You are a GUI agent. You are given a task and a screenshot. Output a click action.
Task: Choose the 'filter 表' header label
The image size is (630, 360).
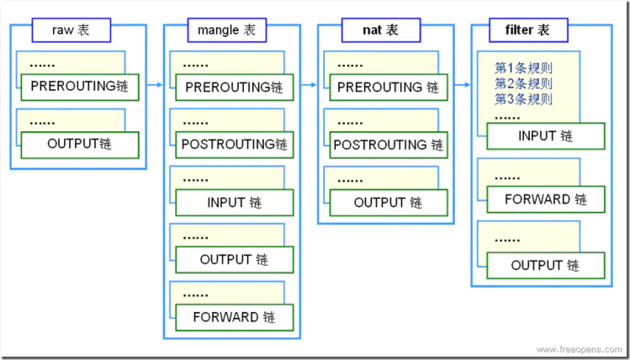pyautogui.click(x=532, y=30)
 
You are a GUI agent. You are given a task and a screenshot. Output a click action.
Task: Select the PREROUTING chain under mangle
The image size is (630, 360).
pyautogui.click(x=234, y=87)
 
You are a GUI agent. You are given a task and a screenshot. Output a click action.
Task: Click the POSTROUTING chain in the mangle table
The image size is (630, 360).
pyautogui.click(x=234, y=145)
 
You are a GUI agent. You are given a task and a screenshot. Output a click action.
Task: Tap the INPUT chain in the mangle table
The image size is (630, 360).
pyautogui.click(x=234, y=203)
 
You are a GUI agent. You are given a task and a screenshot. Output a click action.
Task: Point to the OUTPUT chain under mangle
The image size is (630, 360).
pyautogui.click(x=234, y=260)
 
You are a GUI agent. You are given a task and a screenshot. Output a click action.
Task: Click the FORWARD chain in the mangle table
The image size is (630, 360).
pyautogui.click(x=234, y=317)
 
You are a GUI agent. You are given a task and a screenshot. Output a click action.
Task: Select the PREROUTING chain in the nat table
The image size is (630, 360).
pyautogui.click(x=388, y=87)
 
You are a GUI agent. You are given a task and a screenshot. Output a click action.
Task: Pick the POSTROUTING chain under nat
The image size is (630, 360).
pyautogui.click(x=388, y=145)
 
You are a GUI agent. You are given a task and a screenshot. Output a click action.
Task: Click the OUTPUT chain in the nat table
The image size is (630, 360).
pyautogui.click(x=388, y=203)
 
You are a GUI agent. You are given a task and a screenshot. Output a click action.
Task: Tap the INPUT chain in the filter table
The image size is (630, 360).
pyautogui.click(x=545, y=135)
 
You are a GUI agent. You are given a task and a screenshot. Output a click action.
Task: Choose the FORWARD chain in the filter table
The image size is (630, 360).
pyautogui.click(x=545, y=199)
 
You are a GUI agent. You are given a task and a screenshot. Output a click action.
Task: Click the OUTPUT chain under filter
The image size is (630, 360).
pyautogui.click(x=545, y=265)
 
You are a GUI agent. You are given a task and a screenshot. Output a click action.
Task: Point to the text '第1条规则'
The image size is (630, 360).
pyautogui.click(x=523, y=67)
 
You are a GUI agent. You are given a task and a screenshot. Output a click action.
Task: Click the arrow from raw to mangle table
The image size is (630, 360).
pyautogui.click(x=155, y=84)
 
